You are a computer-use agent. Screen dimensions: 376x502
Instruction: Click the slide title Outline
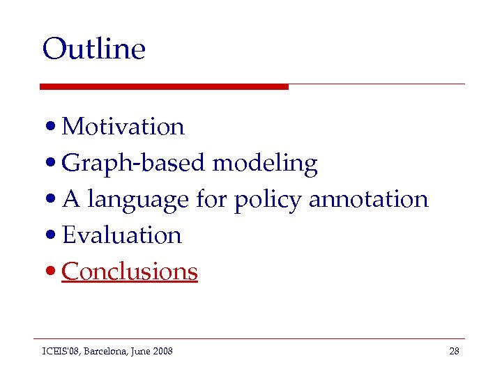click(x=93, y=49)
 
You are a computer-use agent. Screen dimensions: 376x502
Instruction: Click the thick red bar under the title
click(x=164, y=86)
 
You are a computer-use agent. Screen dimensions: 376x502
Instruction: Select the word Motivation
click(x=123, y=127)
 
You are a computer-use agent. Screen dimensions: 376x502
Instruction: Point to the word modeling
click(x=264, y=164)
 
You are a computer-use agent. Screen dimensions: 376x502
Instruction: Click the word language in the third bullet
click(x=138, y=200)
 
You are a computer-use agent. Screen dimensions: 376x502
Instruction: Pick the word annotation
click(x=368, y=199)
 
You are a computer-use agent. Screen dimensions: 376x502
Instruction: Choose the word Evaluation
click(x=121, y=235)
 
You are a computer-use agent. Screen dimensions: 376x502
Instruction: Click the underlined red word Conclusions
click(x=130, y=272)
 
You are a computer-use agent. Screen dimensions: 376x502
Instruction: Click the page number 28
click(x=454, y=351)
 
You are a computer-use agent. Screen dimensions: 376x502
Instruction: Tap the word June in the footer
click(x=142, y=351)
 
